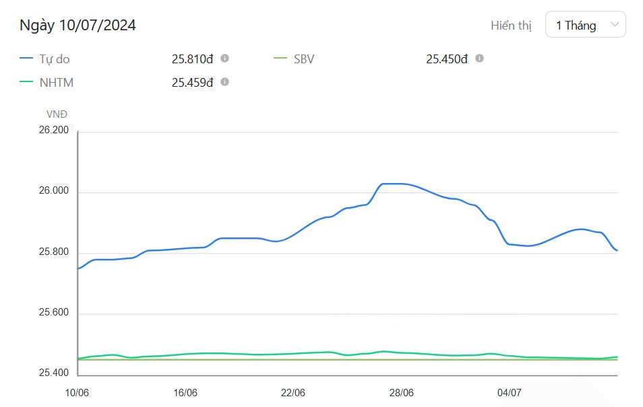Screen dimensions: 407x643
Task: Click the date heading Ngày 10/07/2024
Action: click(78, 26)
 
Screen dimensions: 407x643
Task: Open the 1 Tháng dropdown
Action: click(585, 26)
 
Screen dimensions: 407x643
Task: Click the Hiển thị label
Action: click(511, 26)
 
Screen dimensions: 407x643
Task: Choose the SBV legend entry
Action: click(304, 59)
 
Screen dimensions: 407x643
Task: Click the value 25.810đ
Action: click(192, 59)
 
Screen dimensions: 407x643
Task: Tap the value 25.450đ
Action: click(446, 59)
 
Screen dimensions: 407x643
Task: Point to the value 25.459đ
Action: click(192, 83)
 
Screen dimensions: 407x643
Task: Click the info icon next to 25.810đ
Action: click(225, 59)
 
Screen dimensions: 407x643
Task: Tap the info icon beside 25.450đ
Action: click(479, 59)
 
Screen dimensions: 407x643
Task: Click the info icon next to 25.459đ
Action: click(225, 82)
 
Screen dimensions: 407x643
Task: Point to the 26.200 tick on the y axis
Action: click(54, 131)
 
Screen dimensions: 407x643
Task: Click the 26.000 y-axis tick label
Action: click(54, 192)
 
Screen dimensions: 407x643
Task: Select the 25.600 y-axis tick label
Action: click(54, 314)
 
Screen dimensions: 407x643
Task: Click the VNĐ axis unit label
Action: click(57, 114)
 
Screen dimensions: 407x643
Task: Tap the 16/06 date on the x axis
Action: click(185, 393)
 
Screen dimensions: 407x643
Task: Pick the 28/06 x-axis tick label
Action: click(401, 393)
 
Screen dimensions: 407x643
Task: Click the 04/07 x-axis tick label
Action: click(509, 393)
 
